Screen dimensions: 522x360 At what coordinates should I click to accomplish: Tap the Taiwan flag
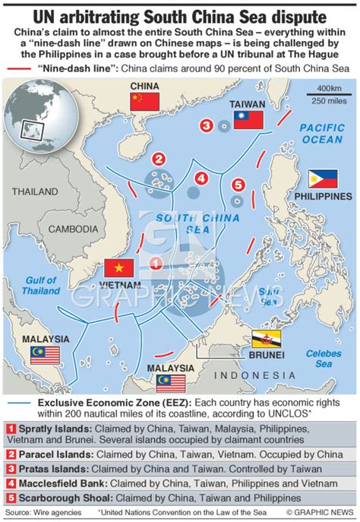(248, 120)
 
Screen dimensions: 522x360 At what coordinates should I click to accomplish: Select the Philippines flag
(323, 179)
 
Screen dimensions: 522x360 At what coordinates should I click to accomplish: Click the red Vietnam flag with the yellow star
(120, 268)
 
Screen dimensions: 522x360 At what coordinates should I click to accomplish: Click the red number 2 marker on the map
(159, 159)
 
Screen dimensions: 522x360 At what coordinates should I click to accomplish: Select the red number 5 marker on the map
(238, 185)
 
